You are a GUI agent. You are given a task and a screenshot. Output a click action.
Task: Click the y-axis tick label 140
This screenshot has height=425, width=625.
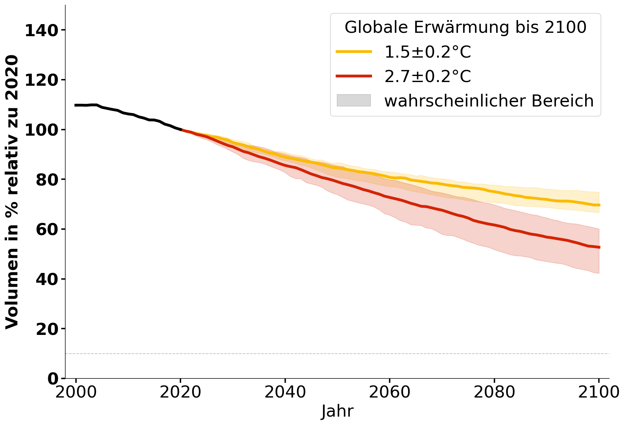[x=42, y=31]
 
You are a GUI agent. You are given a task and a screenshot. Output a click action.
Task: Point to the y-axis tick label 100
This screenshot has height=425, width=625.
[x=42, y=130]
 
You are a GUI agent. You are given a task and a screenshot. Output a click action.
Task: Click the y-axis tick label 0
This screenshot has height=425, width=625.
[x=53, y=379]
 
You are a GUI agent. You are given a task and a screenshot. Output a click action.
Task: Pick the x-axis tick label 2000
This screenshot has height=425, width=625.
[x=76, y=392]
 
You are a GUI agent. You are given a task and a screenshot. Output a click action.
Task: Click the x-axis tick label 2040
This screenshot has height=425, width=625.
[x=285, y=392]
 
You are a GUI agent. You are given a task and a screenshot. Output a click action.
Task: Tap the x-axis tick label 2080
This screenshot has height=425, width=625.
[x=494, y=392]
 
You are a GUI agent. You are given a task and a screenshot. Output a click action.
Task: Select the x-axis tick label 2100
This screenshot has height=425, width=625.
[x=599, y=392]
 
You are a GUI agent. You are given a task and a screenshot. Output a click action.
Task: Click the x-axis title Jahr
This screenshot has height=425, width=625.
[x=337, y=411]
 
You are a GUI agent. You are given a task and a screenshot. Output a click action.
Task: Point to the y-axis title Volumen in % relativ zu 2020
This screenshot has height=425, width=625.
[x=12, y=192]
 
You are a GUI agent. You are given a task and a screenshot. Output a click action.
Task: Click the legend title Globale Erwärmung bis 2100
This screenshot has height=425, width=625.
[x=465, y=27]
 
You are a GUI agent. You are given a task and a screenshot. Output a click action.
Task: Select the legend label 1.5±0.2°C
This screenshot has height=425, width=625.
[x=427, y=52]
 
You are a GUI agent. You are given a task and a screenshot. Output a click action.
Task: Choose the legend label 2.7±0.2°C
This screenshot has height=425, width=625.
[x=427, y=77]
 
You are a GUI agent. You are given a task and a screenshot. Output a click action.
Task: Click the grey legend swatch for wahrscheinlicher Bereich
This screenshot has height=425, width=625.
[x=354, y=100]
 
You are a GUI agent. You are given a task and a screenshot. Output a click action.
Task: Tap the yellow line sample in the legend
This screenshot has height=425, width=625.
[x=354, y=52]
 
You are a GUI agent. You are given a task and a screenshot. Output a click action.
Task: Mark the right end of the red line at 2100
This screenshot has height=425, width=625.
[x=599, y=247]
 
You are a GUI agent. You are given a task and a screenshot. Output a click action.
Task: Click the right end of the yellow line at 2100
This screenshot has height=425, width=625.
[x=599, y=205]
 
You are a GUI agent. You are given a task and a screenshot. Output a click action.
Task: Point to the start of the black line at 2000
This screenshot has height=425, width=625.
[x=76, y=105]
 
